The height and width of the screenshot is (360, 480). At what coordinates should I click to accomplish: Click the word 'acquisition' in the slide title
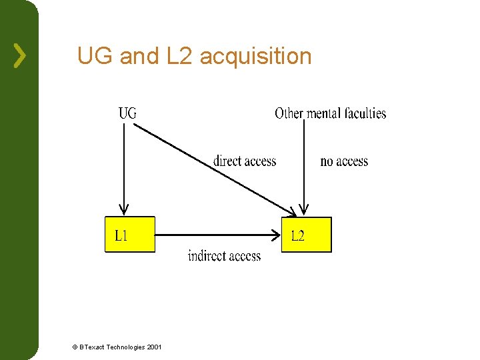255,57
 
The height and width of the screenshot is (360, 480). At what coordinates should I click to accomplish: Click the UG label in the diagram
127,113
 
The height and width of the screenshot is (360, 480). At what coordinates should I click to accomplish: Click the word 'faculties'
365,113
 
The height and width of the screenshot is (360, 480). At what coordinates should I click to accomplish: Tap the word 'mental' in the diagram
324,113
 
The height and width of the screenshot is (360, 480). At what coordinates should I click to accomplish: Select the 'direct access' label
244,161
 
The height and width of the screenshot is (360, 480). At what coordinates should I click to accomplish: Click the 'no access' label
344,161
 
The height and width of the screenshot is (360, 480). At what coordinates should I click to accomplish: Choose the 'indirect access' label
224,256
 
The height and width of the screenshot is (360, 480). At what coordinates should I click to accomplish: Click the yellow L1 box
129,235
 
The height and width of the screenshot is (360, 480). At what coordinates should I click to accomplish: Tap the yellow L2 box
306,235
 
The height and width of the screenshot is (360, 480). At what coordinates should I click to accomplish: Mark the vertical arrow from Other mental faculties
304,167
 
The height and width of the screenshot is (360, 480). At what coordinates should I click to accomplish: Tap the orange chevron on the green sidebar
20,56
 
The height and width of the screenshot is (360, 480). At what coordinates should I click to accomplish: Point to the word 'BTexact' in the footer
91,347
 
